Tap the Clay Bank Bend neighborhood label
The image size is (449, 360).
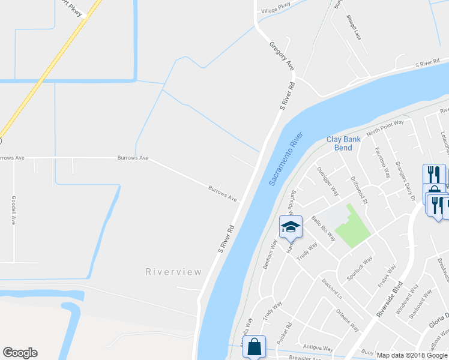point(343,143)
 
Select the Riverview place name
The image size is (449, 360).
point(173,272)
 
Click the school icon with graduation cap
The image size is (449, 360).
point(290,227)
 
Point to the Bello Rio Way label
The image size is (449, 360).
point(323,230)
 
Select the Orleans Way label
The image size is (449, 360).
point(347,320)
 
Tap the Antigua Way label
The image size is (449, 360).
point(318,348)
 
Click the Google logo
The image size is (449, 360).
point(20,353)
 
